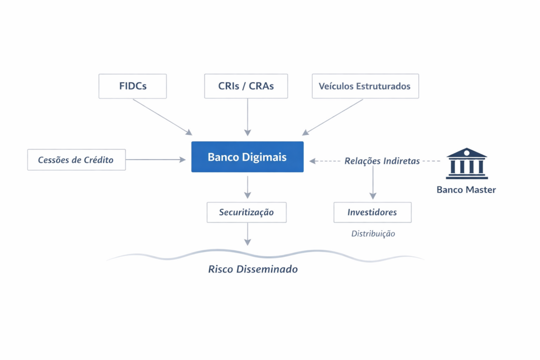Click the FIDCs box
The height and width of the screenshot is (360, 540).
pyautogui.click(x=132, y=86)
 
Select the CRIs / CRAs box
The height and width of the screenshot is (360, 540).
pyautogui.click(x=246, y=86)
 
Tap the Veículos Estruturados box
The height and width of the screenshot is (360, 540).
pyautogui.click(x=365, y=86)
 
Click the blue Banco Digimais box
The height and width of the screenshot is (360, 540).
pyautogui.click(x=247, y=157)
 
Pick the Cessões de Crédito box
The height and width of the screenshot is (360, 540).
pyautogui.click(x=76, y=160)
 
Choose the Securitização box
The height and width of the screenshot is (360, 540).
pyautogui.click(x=246, y=212)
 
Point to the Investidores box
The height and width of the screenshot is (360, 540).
pyautogui.click(x=372, y=212)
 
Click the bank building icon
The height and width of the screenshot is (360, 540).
pyautogui.click(x=467, y=163)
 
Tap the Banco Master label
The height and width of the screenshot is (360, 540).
pyautogui.click(x=466, y=190)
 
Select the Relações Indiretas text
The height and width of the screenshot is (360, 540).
pyautogui.click(x=382, y=161)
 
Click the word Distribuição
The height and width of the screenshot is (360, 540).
pyautogui.click(x=373, y=233)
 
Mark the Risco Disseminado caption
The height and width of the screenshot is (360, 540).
pyautogui.click(x=253, y=269)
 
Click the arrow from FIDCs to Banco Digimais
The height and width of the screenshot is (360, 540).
pyautogui.click(x=162, y=117)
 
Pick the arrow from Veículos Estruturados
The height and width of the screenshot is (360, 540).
pyautogui.click(x=332, y=117)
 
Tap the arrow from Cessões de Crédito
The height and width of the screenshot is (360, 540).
pyautogui.click(x=156, y=159)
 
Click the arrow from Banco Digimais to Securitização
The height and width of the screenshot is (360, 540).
pyautogui.click(x=247, y=187)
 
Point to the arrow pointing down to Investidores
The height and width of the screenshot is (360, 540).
pyautogui.click(x=373, y=183)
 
